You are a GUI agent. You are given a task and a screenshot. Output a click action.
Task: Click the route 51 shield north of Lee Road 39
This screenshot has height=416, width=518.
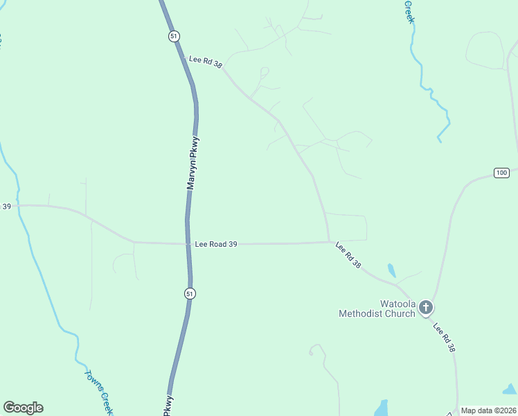[174, 36]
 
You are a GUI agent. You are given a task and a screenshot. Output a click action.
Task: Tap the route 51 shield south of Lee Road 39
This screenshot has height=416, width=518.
[190, 294]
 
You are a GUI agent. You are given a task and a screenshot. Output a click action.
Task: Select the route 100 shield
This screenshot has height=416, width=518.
[501, 172]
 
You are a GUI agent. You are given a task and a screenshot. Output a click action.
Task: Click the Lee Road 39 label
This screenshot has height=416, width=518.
[216, 244]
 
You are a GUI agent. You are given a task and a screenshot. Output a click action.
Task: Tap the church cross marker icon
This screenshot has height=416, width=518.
[426, 306]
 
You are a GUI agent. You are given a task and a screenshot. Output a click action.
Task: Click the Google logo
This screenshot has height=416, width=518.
[23, 408]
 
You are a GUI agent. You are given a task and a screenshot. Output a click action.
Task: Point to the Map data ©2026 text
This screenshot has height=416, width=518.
[488, 410]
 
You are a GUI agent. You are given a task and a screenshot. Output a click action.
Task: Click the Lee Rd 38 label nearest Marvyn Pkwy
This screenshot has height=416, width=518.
[205, 62]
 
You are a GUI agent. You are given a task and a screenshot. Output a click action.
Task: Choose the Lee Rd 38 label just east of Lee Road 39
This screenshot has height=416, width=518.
[348, 254]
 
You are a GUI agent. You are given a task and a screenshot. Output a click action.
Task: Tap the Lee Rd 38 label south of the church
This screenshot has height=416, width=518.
[445, 337]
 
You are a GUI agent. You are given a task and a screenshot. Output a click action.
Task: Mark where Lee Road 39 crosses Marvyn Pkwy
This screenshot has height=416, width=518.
[188, 243]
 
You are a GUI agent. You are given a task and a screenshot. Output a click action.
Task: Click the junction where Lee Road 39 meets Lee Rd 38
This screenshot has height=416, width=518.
[329, 242]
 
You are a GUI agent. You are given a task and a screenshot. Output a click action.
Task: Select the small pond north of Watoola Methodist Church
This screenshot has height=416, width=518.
[392, 270]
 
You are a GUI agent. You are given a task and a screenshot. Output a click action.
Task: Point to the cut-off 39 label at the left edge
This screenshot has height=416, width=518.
[6, 206]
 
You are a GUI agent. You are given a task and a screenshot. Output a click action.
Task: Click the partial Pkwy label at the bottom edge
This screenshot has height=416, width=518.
[168, 406]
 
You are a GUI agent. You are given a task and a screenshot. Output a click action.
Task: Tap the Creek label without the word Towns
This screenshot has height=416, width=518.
[409, 11]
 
